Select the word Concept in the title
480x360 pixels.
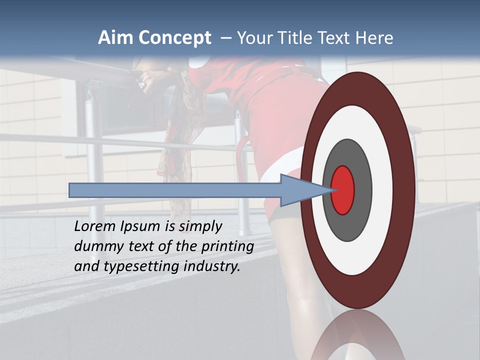click(175, 38)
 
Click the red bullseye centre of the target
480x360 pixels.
click(343, 190)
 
